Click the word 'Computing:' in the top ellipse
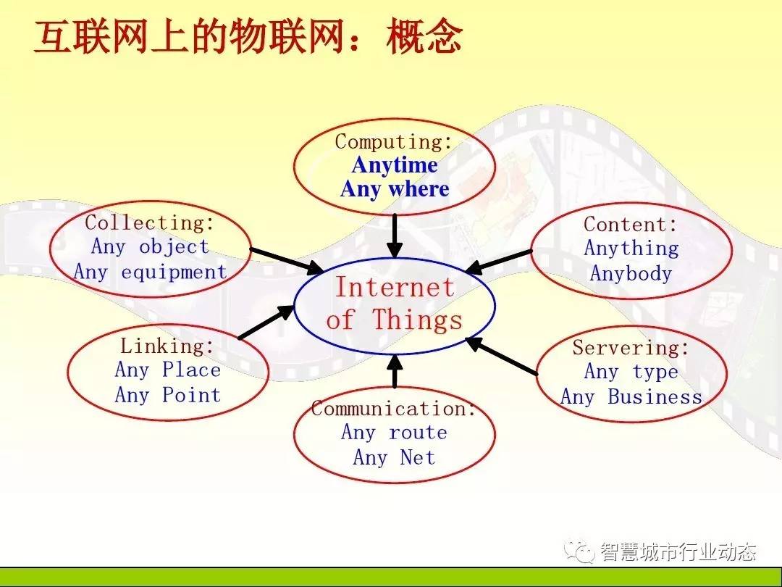coord(393,142)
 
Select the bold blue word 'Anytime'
coord(395,165)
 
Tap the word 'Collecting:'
coord(150,222)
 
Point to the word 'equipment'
coord(174,272)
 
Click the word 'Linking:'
coord(167,346)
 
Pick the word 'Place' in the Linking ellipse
coord(191,370)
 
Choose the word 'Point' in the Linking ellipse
coord(191,395)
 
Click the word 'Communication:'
coord(393,408)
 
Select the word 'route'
coord(418,432)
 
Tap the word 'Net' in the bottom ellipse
coord(418,457)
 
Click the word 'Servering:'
coord(631,347)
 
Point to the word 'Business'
coord(655,397)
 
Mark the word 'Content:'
coord(631,225)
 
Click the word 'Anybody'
coord(631,273)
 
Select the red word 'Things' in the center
coord(418,320)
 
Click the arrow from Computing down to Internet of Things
coord(395,236)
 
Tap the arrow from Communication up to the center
coord(395,370)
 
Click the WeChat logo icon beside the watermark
coord(579,551)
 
